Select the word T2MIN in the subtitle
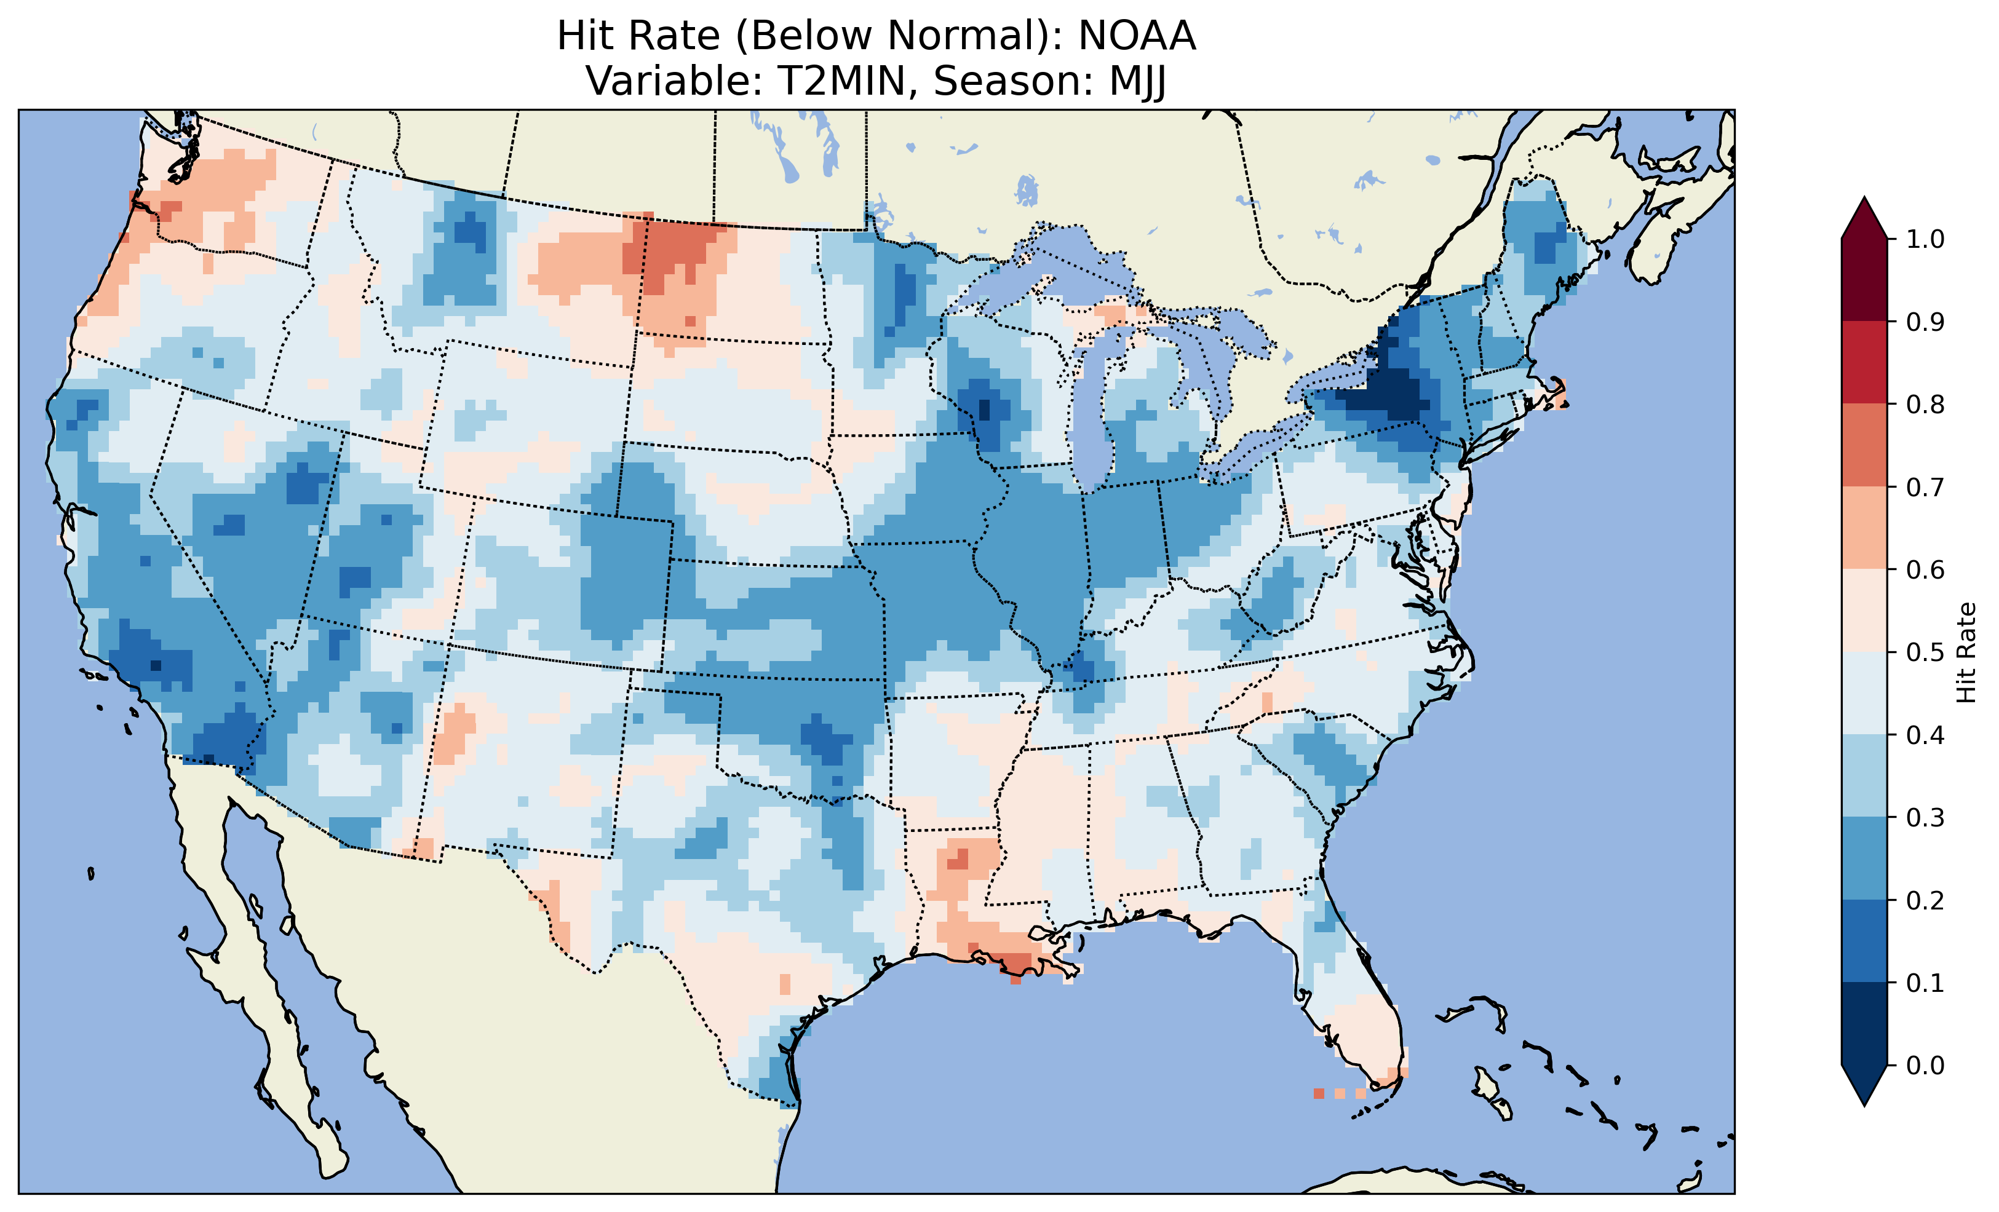click(x=840, y=81)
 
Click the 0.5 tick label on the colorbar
click(x=1925, y=652)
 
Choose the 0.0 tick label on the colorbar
click(x=1925, y=1065)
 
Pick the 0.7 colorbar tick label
click(x=1925, y=487)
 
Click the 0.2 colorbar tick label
click(x=1925, y=900)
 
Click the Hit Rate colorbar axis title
click(x=1966, y=652)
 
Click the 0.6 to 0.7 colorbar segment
click(x=1864, y=528)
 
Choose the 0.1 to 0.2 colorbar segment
click(x=1864, y=941)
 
